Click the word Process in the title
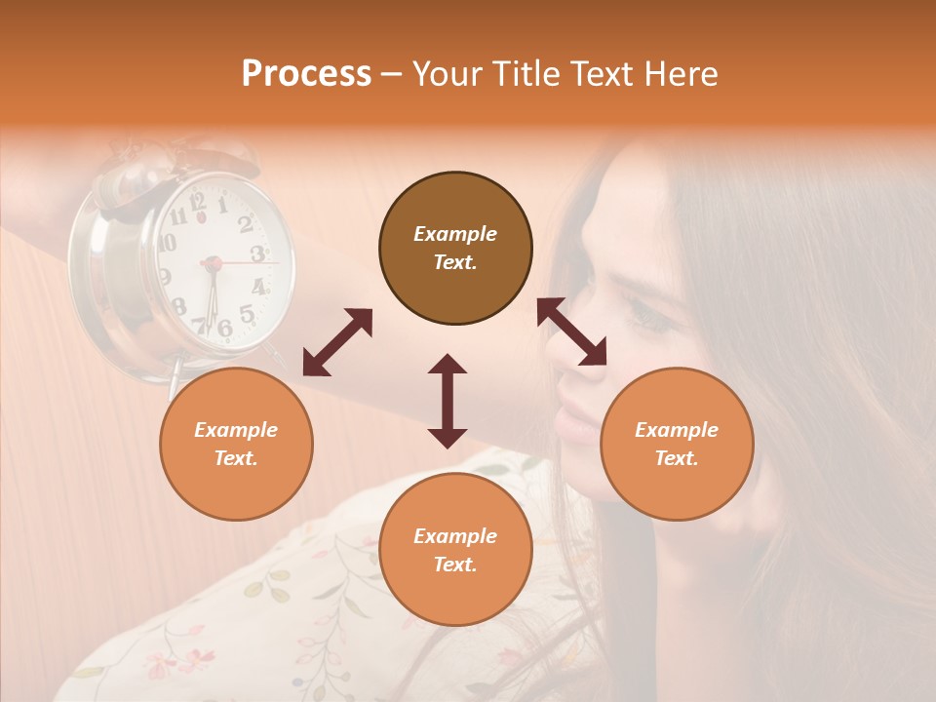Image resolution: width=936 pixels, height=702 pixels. pos(306,74)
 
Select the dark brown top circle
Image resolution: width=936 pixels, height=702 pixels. pos(455,249)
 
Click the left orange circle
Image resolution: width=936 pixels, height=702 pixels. pos(236,444)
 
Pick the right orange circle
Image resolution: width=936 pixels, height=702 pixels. pos(677,444)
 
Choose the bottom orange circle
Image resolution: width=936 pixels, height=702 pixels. pos(455,550)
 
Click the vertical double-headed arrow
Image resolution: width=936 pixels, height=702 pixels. pos(448,401)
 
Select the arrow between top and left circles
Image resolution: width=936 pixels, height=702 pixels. pos(337,342)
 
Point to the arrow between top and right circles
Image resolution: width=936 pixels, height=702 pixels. pos(572,331)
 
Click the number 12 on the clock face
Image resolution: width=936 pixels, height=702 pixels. pos(198,203)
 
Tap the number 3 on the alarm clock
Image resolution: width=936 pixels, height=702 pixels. pos(257,253)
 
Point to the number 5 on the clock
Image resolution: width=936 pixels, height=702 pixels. pos(247,314)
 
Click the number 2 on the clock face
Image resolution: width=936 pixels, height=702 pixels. pos(245,224)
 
